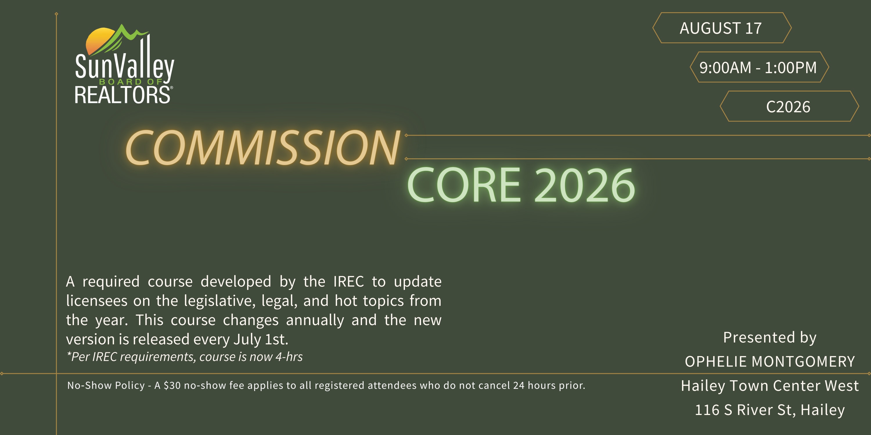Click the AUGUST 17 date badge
(721, 28)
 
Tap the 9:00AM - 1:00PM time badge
(759, 67)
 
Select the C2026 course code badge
(789, 106)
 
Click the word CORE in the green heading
(464, 185)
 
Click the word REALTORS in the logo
(123, 95)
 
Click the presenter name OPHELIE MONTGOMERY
(770, 362)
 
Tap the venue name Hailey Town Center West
(770, 386)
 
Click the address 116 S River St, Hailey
(770, 410)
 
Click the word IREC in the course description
(349, 281)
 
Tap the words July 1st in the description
(261, 339)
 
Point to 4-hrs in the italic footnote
(289, 357)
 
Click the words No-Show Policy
(106, 385)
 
